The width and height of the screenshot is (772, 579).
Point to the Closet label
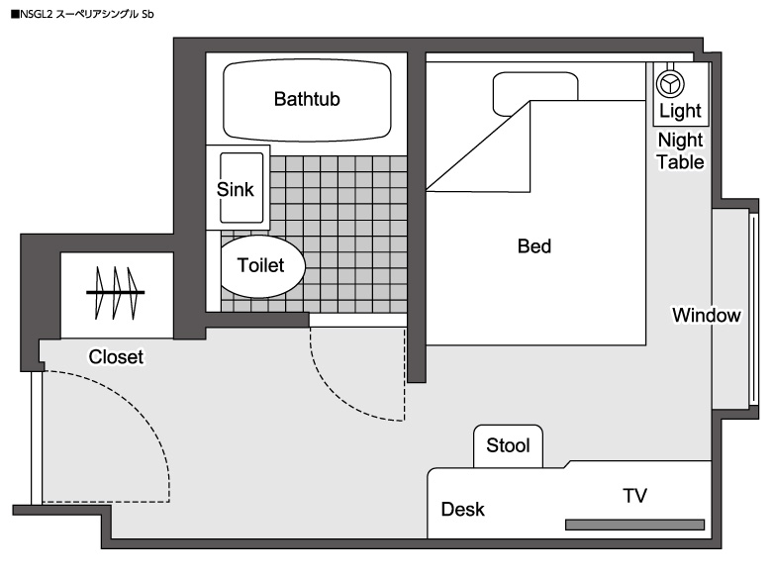[x=116, y=357]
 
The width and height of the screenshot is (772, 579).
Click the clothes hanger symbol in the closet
[x=116, y=293]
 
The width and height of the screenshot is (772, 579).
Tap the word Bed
[x=534, y=246]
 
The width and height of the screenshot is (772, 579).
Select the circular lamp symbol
[x=671, y=81]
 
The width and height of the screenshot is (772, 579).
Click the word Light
[x=680, y=110]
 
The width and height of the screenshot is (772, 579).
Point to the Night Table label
[x=681, y=150]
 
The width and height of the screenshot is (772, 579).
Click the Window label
[x=706, y=316]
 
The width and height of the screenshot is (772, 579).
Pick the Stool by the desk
[x=508, y=445]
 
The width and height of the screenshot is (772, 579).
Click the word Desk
[x=463, y=510]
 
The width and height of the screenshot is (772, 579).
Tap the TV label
[x=634, y=496]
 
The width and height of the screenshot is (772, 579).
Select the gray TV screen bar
[x=634, y=524]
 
